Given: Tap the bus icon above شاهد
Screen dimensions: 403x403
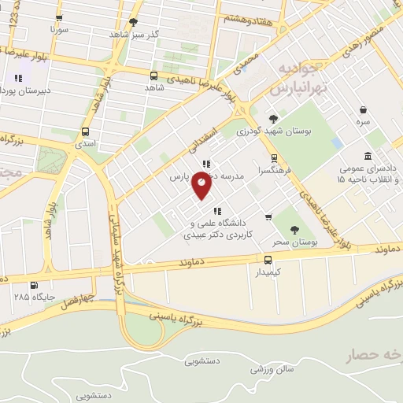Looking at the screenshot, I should [x=153, y=76].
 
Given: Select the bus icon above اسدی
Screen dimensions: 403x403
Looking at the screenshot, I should [x=85, y=131].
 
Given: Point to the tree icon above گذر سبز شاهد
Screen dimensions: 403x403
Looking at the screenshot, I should [x=134, y=22].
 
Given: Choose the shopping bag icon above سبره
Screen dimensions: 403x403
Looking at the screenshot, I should [x=363, y=110].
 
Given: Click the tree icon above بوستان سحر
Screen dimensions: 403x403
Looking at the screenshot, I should [x=294, y=230].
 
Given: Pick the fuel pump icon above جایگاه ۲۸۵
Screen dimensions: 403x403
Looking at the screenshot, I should [x=33, y=286].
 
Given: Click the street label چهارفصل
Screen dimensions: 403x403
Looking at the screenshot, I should [x=80, y=299].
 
